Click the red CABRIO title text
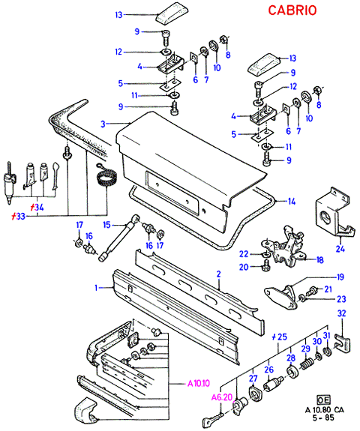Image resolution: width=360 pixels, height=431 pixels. tap(292, 10)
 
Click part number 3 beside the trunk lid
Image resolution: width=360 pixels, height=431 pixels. tap(103, 124)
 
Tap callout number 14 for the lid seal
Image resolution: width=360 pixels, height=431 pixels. tap(292, 202)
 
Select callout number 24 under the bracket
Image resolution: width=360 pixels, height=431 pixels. tap(340, 249)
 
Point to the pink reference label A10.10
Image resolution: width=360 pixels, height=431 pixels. tap(199, 383)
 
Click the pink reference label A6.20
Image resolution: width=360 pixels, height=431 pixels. tap(222, 397)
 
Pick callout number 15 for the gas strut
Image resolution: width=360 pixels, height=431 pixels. tap(106, 225)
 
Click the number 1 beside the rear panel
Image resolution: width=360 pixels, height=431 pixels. tap(96, 288)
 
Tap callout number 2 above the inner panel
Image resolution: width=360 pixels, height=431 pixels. tap(219, 274)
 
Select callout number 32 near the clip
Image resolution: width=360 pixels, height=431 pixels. tap(341, 313)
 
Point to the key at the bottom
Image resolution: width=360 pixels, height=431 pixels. tap(213, 419)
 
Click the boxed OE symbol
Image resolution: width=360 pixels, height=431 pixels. tap(324, 400)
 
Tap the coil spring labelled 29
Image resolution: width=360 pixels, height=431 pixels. tap(307, 364)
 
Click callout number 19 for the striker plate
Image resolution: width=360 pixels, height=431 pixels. tap(340, 277)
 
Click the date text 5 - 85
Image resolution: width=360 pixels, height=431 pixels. tap(323, 418)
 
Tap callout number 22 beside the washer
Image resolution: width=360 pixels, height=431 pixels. tap(244, 254)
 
